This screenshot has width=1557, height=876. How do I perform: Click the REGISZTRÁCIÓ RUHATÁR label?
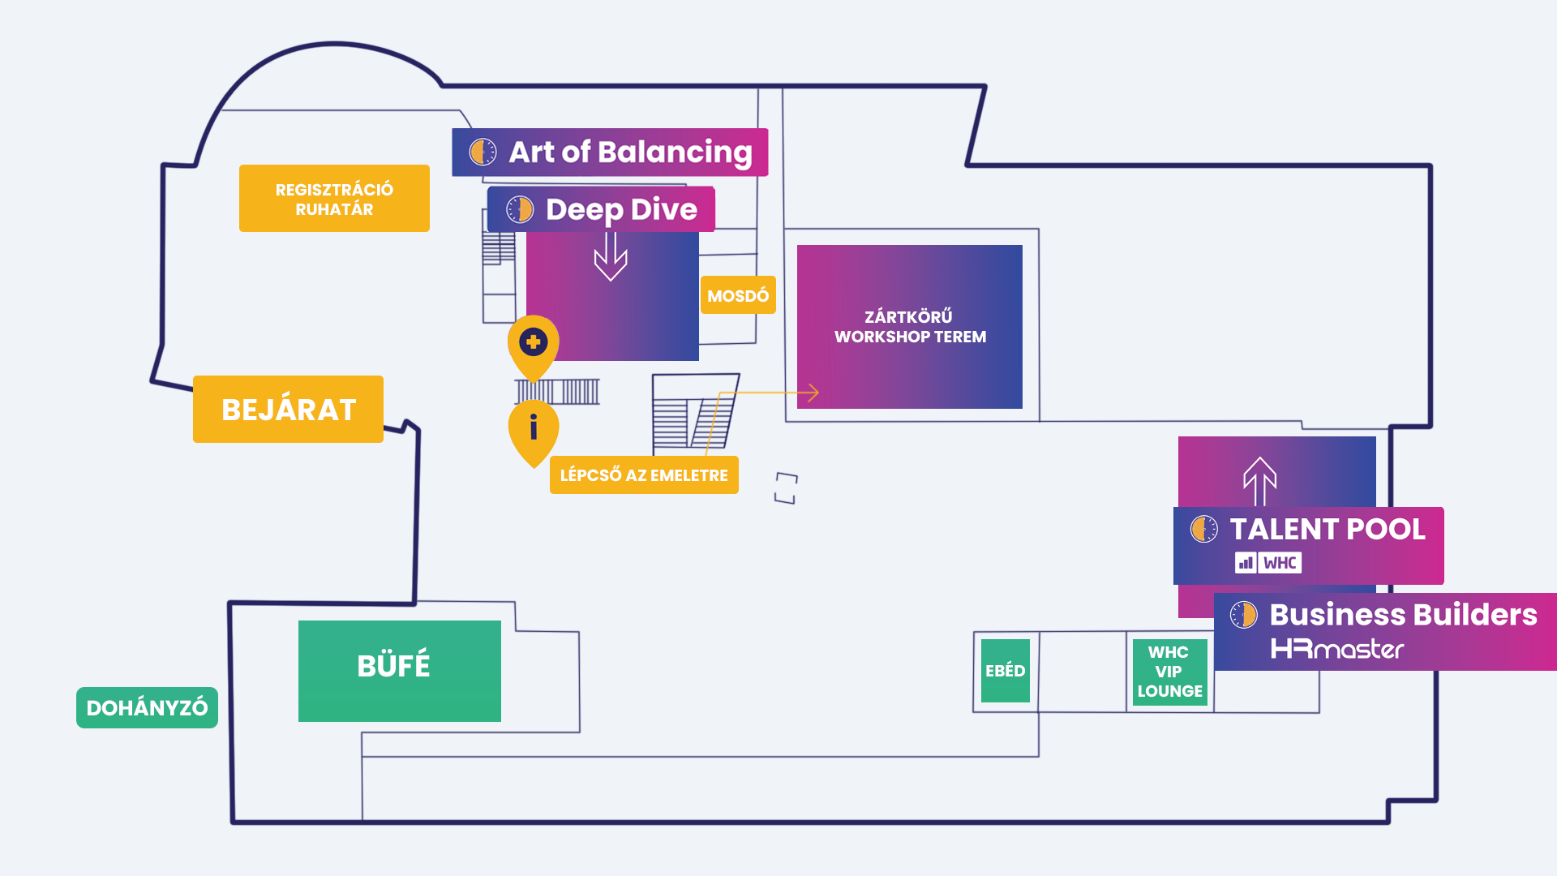pyautogui.click(x=334, y=199)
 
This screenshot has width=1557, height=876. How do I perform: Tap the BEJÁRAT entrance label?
pyautogui.click(x=288, y=410)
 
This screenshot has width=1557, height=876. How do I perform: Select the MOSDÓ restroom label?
pyautogui.click(x=738, y=295)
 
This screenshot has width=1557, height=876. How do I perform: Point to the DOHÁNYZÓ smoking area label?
pyautogui.click(x=147, y=707)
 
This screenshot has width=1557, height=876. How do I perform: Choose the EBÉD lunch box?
pyautogui.click(x=1005, y=671)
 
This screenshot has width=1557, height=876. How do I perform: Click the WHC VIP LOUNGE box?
pyautogui.click(x=1169, y=672)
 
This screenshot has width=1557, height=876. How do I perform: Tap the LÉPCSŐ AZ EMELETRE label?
pyautogui.click(x=644, y=475)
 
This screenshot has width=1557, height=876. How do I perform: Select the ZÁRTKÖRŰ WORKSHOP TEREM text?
pyautogui.click(x=910, y=327)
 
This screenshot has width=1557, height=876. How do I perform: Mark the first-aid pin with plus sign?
pyautogui.click(x=534, y=343)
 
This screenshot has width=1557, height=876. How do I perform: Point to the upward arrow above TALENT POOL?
pyautogui.click(x=1260, y=480)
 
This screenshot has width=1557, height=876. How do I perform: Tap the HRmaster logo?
pyautogui.click(x=1336, y=649)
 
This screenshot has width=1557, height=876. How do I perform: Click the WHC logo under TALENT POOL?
pyautogui.click(x=1268, y=563)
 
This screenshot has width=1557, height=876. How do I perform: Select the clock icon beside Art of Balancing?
pyautogui.click(x=483, y=152)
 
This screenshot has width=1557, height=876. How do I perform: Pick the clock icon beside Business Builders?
pyautogui.click(x=1243, y=615)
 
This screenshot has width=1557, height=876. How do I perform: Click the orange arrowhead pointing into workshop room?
pyautogui.click(x=813, y=393)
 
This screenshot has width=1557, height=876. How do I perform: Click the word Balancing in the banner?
pyautogui.click(x=675, y=152)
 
